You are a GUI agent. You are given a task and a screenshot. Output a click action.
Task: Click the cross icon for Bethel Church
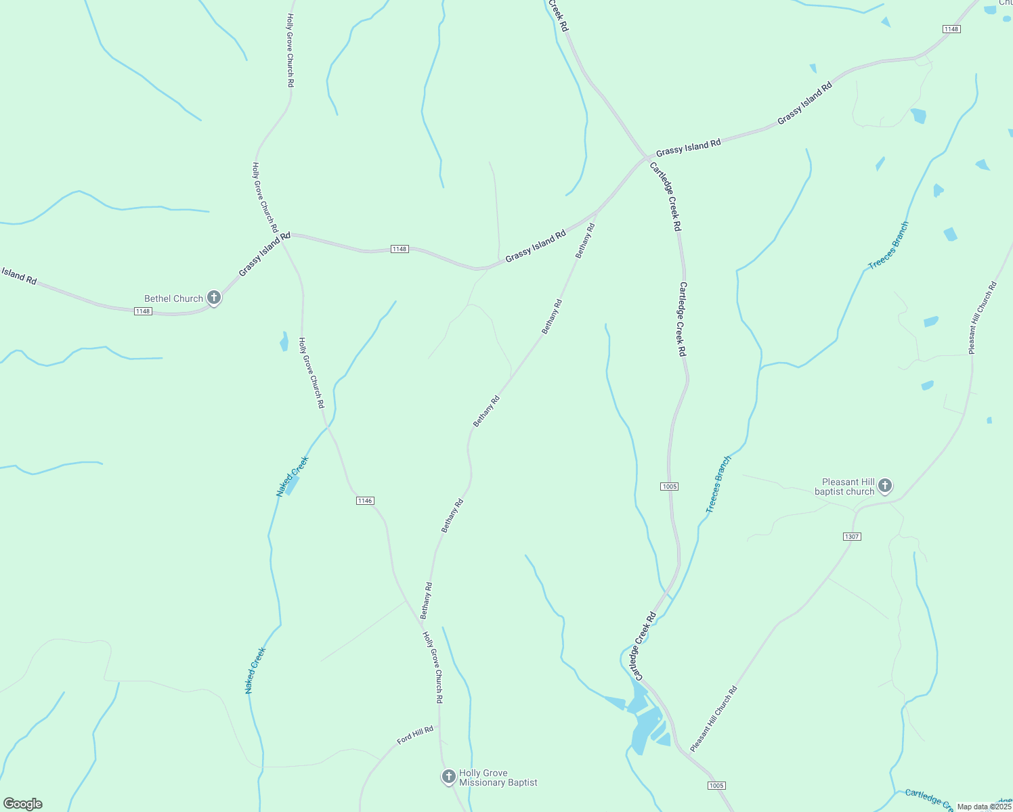pos(214,298)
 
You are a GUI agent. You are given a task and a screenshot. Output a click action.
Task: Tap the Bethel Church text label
pos(173,298)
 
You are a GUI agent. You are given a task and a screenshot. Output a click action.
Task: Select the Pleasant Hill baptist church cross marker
pos(885,485)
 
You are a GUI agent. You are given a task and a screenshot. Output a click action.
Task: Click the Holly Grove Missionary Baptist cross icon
pos(448,777)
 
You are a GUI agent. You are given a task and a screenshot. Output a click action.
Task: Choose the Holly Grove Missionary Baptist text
pos(498,778)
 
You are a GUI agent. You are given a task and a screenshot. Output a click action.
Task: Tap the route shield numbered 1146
pos(365,501)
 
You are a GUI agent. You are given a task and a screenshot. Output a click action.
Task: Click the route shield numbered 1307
pos(852,537)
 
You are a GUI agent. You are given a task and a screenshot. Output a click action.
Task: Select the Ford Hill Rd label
pos(415,735)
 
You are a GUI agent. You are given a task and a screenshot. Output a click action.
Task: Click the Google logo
pos(23,804)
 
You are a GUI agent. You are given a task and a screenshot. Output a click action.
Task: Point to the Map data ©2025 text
pos(984,807)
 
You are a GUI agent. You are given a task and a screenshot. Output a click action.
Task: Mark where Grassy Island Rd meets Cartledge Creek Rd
pos(645,158)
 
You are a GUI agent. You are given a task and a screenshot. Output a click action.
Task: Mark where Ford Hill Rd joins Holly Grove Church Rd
pos(439,725)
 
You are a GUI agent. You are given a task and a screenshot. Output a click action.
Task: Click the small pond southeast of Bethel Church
pos(284,342)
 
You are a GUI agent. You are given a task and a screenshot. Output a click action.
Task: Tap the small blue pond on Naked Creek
pos(293,484)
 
